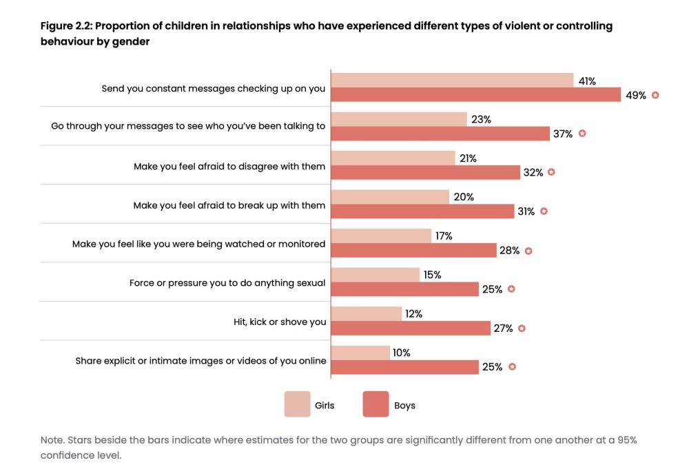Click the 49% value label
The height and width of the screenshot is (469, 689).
coord(635,95)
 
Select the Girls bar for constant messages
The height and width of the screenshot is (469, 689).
coord(452,81)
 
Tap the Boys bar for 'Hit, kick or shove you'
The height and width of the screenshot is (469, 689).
coord(411,329)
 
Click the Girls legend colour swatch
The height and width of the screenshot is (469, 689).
coord(297,405)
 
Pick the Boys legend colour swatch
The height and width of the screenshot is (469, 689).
coord(376,405)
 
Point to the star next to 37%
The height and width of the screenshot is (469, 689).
coord(582,134)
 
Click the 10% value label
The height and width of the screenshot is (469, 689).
coord(401,353)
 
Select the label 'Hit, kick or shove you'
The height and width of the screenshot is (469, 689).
coord(280,322)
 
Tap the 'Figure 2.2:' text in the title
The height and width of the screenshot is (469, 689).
coord(67,26)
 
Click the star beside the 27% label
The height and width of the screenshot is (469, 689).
coord(522,329)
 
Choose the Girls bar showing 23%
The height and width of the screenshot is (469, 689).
coord(399,119)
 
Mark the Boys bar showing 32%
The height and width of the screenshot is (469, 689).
coord(425,172)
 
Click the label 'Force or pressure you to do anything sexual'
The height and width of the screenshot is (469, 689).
coord(227,283)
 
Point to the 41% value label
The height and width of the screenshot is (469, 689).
coord(587,81)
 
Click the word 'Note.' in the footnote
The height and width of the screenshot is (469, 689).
coord(53,439)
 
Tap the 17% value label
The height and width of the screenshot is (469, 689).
coord(443,236)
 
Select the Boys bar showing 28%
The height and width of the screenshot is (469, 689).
coord(413,251)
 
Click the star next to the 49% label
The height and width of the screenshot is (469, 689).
coord(655,95)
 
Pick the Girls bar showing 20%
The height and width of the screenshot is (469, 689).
coord(390,197)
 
